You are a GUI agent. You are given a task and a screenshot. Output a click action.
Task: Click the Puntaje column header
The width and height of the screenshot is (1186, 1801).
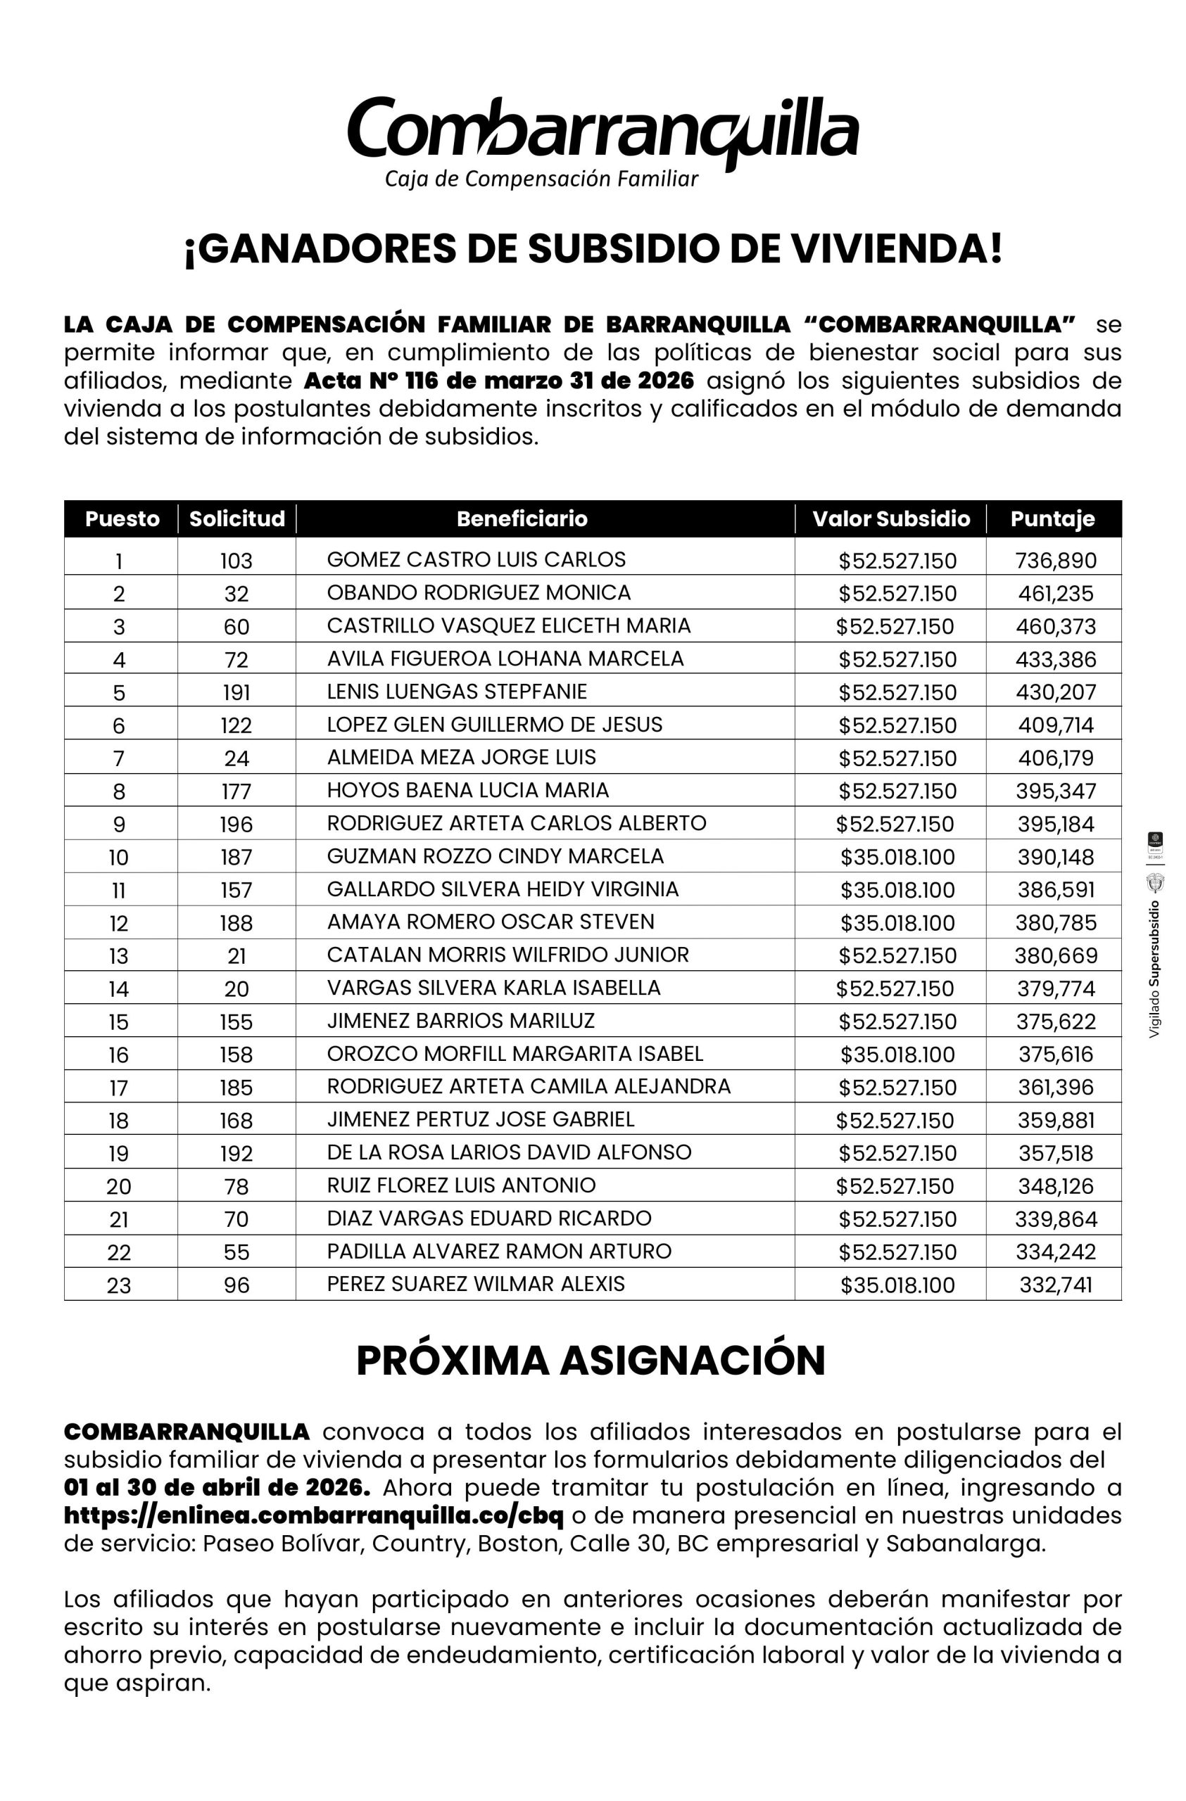(1052, 519)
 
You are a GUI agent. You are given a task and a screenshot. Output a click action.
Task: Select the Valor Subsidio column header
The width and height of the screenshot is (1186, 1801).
(891, 519)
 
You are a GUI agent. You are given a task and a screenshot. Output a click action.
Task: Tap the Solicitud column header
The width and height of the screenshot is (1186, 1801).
(237, 519)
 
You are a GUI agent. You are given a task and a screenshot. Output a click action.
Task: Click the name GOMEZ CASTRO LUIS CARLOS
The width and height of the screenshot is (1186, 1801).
(476, 560)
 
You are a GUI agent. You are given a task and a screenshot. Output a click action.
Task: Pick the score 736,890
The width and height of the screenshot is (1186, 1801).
(1055, 561)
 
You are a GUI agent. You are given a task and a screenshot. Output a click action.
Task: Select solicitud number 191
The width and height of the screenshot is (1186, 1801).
(236, 692)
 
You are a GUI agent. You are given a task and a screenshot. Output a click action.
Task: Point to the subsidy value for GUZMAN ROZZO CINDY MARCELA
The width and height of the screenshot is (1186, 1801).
(897, 858)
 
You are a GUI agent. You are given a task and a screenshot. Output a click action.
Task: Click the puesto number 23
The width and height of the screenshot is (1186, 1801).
(119, 1285)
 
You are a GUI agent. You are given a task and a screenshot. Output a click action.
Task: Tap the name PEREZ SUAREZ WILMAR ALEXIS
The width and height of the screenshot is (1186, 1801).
(476, 1284)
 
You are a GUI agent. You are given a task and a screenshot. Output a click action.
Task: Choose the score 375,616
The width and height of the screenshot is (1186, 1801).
(1055, 1055)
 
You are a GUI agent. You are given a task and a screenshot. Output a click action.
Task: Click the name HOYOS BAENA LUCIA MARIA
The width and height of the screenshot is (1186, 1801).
(468, 791)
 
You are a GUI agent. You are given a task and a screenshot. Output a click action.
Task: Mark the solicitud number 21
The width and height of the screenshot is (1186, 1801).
(236, 957)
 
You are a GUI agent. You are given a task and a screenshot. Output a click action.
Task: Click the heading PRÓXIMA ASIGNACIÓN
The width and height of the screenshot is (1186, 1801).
(591, 1361)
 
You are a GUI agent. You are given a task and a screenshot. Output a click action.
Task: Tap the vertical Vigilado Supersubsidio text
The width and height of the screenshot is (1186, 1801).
(1154, 969)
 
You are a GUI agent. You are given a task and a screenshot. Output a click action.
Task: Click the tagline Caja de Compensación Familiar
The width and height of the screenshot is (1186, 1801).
(541, 179)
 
